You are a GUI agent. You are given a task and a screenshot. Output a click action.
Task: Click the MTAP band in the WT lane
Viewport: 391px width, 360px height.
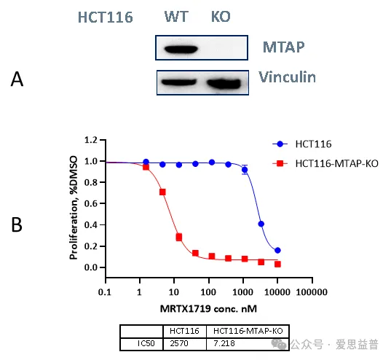[181, 49]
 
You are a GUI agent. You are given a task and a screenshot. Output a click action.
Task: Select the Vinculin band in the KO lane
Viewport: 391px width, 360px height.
[224, 84]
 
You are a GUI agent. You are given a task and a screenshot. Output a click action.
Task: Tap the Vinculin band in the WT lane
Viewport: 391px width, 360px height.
[178, 82]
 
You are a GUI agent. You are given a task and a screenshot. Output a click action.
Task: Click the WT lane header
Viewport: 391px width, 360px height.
[176, 17]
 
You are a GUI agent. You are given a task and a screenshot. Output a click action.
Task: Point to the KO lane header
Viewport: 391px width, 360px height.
[221, 17]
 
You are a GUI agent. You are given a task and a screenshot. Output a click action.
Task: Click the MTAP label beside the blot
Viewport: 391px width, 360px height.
[283, 47]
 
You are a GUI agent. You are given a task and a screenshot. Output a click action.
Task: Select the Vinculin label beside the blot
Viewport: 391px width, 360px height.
[288, 77]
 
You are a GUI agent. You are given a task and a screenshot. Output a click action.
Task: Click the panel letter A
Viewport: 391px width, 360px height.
[17, 79]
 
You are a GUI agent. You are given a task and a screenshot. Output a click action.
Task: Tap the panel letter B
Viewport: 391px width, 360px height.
[17, 224]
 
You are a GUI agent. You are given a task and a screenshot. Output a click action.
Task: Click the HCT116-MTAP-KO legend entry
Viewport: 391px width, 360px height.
[325, 163]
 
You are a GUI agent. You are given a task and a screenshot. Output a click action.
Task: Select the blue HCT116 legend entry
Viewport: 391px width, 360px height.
[302, 144]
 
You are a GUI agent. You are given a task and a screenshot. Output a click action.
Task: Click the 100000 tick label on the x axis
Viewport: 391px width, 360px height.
[312, 291]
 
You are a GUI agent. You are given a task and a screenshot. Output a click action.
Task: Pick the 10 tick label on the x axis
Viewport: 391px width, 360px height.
[173, 291]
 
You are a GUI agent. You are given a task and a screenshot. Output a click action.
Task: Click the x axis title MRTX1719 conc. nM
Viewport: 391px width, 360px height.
[208, 309]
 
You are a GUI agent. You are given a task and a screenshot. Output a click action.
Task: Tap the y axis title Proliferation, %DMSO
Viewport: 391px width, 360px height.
[74, 208]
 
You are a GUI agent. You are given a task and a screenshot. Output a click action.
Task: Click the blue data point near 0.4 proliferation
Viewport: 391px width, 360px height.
[261, 224]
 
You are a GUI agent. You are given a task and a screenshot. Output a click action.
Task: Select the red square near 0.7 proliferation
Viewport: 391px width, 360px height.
[162, 192]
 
